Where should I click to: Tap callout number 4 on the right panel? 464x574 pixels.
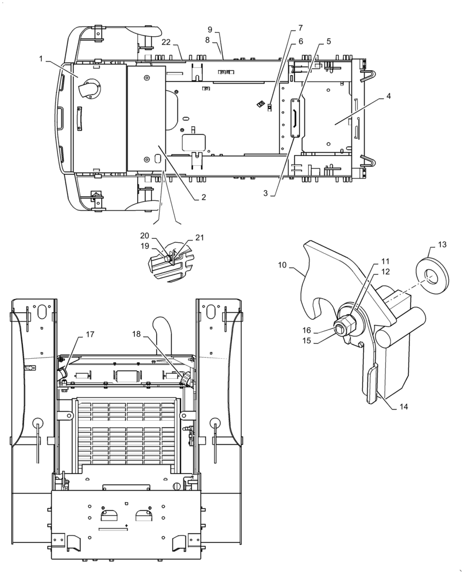point(389,96)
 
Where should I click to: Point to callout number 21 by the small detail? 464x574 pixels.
point(199,237)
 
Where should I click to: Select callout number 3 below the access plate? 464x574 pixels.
point(265,193)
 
